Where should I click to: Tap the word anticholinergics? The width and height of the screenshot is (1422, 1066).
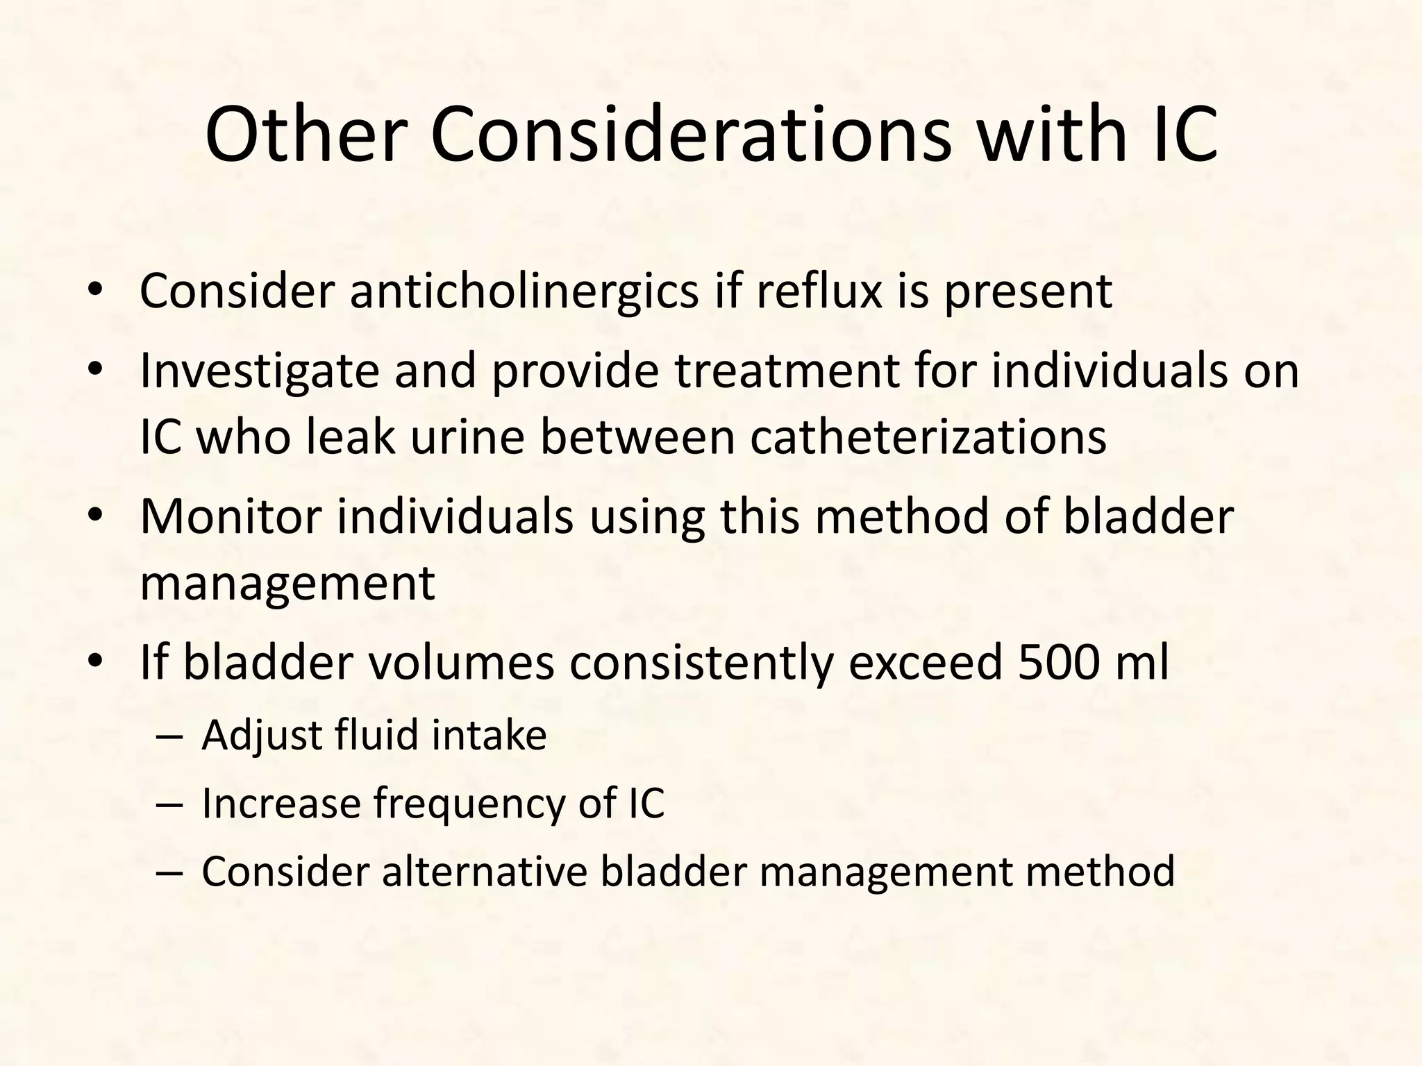[524, 291]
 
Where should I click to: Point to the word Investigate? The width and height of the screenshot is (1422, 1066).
[259, 371]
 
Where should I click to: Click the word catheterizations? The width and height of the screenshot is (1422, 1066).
[928, 438]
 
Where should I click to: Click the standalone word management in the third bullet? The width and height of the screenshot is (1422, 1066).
[287, 583]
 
